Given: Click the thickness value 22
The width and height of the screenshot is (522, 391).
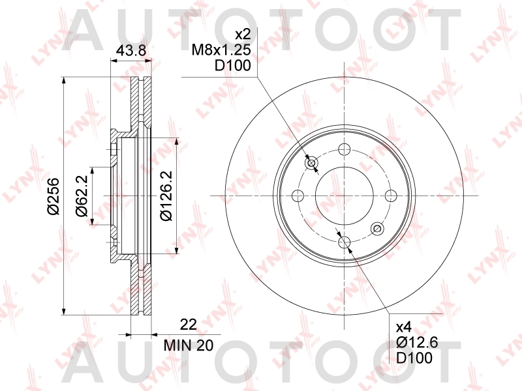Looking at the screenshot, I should (x=188, y=324).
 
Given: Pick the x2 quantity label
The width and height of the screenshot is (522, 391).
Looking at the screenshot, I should (x=243, y=34).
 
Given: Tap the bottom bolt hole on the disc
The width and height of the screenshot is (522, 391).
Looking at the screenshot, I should (x=344, y=243).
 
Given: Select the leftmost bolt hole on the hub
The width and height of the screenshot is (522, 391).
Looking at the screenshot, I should (x=298, y=195).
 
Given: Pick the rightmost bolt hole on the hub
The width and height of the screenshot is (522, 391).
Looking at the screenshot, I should (x=391, y=195).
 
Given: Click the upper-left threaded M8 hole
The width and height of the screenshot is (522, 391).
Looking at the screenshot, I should (x=311, y=162).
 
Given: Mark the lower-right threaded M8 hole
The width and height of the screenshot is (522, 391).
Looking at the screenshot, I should (x=376, y=229).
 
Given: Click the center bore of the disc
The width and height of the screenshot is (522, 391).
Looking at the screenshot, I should (x=344, y=195).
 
